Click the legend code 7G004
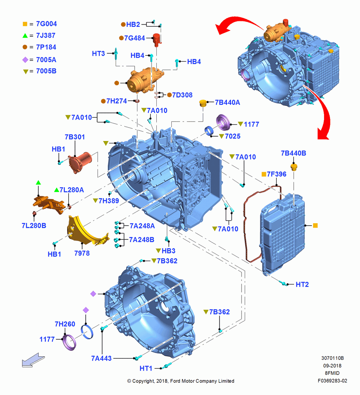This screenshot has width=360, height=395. pos(47,24)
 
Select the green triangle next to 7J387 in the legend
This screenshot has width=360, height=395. pos(25,36)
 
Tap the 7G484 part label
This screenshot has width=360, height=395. pos(135,38)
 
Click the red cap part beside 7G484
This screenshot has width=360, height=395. pos(157,40)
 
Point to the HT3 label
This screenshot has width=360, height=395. pos(98,54)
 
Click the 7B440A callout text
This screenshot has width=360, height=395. pos(227,103)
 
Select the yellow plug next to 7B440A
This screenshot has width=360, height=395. pos(203,103)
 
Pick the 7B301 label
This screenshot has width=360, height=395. pos(75,137)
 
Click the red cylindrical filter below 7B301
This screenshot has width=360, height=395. pos(80,162)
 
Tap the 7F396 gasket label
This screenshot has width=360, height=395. pos(276,174)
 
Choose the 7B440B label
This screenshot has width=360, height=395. pos(294,153)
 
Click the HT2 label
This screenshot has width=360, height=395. pos(302,284)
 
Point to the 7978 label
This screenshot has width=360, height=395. pos(82,253)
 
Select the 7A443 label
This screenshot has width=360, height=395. pos(101,358)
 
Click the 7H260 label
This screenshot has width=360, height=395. pos(65,324)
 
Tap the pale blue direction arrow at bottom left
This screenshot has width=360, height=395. pos(33,360)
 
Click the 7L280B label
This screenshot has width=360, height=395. pos(34,226)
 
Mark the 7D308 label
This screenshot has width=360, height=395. pos(182,95)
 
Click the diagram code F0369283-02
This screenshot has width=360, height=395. pos(332,381)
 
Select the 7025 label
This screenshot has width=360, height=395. pos(232,136)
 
